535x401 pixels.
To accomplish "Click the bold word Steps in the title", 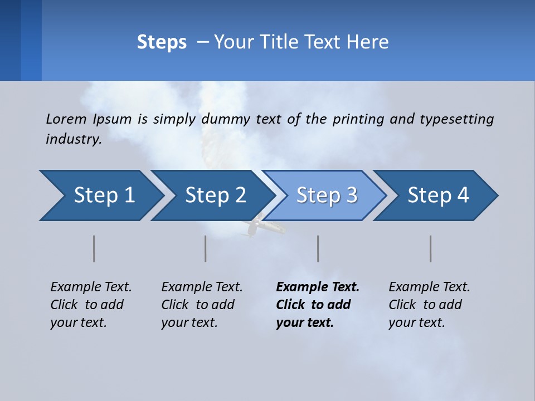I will pyautogui.click(x=162, y=42).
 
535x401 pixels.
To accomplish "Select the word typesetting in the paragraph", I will pyautogui.click(x=456, y=119).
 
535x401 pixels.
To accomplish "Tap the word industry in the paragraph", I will pyautogui.click(x=74, y=139).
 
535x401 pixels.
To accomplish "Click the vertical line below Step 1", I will pyautogui.click(x=94, y=248).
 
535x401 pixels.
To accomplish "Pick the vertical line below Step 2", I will pyautogui.click(x=205, y=248).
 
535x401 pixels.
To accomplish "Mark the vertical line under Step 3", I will pyautogui.click(x=318, y=248).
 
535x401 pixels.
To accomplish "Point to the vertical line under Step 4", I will pyautogui.click(x=430, y=248).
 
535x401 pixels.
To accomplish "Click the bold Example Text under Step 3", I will pyautogui.click(x=318, y=287).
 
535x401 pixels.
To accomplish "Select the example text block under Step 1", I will pyautogui.click(x=91, y=305).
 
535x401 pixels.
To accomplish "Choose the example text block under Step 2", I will pyautogui.click(x=202, y=305).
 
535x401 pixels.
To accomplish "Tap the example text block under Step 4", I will pyautogui.click(x=429, y=305).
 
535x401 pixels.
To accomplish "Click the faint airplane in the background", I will pyautogui.click(x=259, y=226).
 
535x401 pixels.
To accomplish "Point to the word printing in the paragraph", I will pyautogui.click(x=357, y=119).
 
